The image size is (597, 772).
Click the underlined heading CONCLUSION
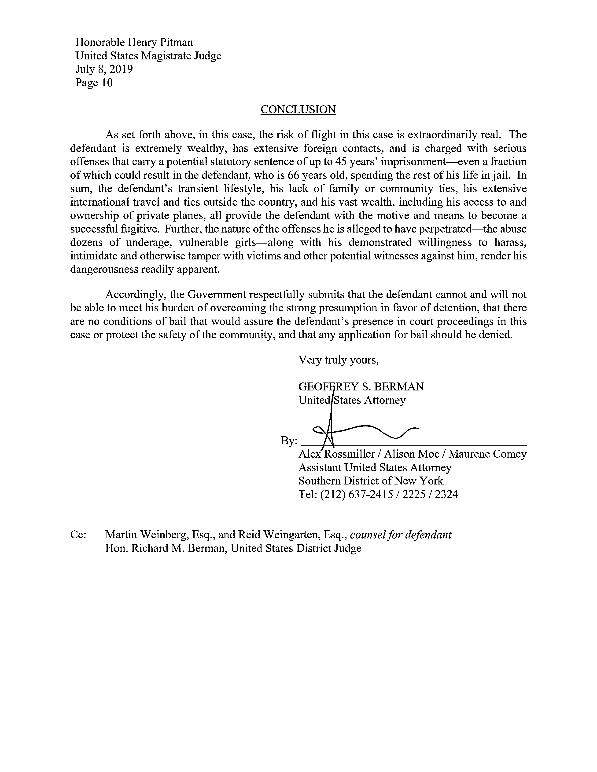coord(298,109)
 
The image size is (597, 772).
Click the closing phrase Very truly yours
coord(339,360)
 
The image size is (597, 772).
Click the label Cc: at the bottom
coord(78,535)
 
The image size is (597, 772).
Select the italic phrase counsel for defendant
coord(400,535)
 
